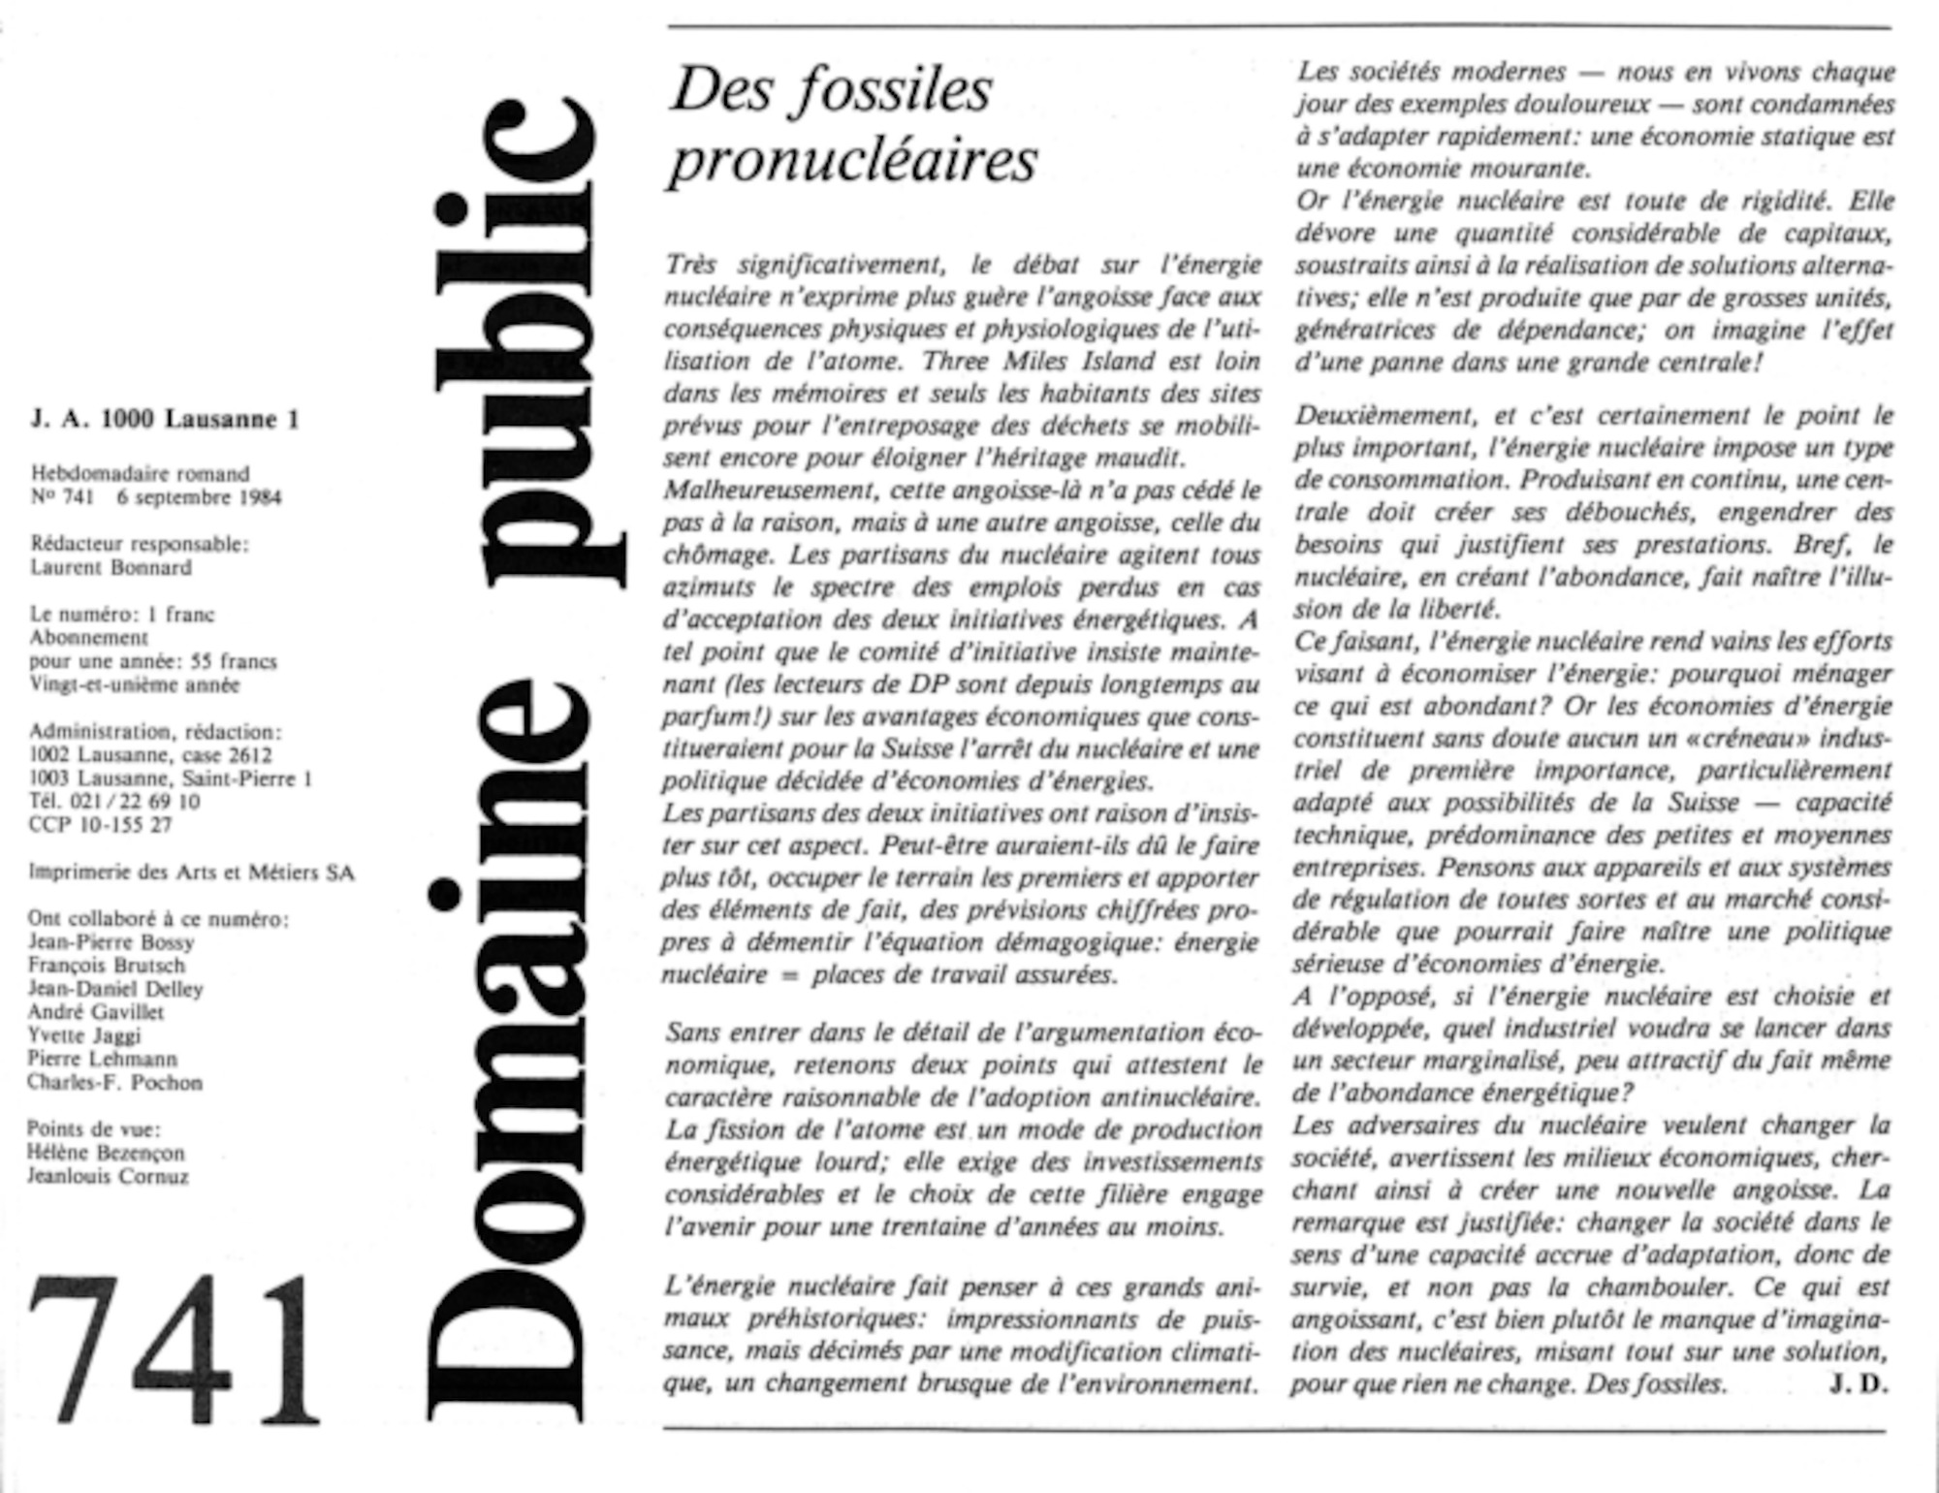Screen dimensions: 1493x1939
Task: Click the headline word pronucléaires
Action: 852,160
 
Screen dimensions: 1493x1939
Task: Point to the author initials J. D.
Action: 1859,1384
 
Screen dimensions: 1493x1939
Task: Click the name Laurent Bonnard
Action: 111,568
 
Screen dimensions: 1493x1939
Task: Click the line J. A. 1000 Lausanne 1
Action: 165,420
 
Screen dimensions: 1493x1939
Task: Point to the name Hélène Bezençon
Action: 106,1153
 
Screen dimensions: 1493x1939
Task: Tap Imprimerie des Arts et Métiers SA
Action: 191,873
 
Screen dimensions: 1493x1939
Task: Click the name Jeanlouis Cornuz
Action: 108,1177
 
